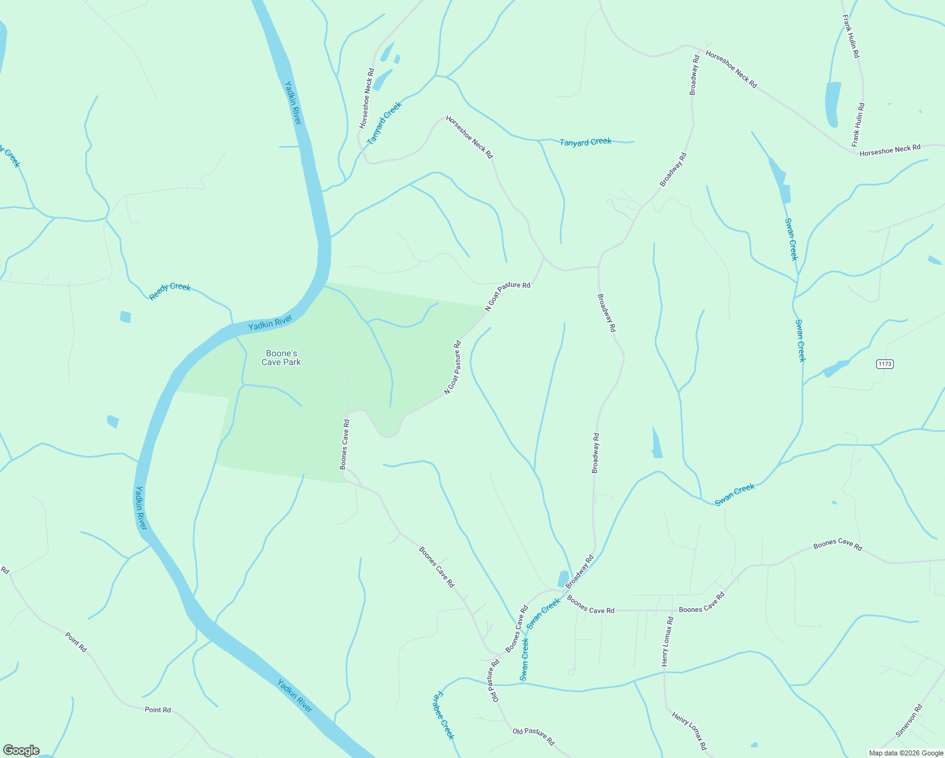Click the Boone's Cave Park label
tap(282, 358)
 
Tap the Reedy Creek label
tap(170, 291)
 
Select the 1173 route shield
tap(885, 364)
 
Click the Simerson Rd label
tap(909, 721)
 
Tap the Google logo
tap(21, 750)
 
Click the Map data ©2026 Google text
tap(905, 753)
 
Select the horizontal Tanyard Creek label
tap(586, 142)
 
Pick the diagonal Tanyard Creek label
tap(384, 123)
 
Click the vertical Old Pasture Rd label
tap(494, 680)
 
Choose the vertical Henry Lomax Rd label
tap(667, 641)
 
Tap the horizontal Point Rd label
tap(158, 710)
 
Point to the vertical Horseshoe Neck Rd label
tap(367, 99)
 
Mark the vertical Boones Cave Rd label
tap(345, 444)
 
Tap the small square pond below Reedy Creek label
tap(125, 316)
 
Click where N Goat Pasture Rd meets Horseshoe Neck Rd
tap(544, 258)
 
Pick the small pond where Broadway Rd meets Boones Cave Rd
tap(563, 579)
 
